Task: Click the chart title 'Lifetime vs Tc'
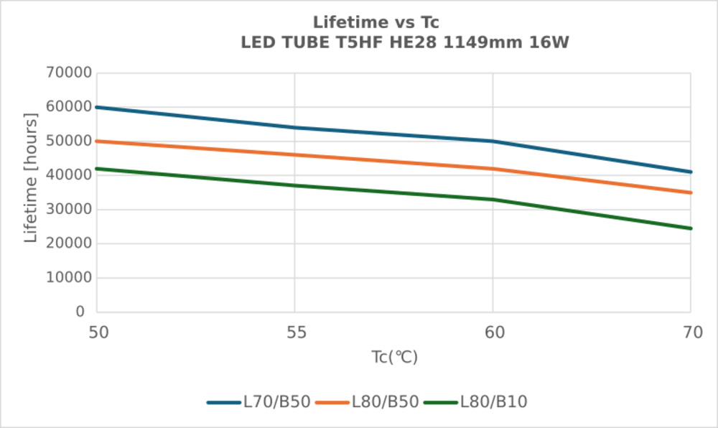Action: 376,22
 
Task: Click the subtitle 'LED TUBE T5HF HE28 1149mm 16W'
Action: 405,42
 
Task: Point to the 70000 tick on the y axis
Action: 69,73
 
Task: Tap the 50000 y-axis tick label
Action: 69,141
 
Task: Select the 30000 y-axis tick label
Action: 69,210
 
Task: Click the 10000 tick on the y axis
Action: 69,278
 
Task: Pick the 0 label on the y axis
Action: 80,312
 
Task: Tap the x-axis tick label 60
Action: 493,332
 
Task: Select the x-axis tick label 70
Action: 691,332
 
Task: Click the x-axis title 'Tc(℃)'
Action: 394,358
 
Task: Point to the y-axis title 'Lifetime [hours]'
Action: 31,177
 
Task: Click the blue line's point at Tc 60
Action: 493,141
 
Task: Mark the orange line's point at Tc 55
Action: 295,154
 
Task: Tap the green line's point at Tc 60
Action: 493,200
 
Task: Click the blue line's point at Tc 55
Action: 295,128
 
